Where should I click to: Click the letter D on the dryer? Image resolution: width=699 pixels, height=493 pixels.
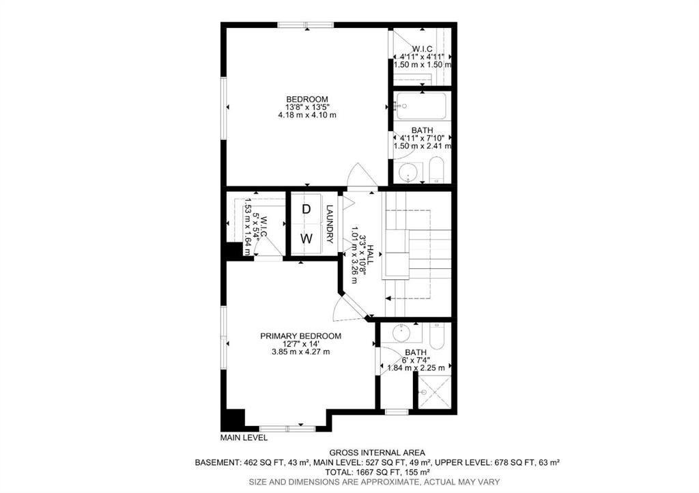click(306, 209)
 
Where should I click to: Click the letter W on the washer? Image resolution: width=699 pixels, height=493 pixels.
click(306, 239)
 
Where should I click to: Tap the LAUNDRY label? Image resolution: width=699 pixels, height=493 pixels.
click(330, 224)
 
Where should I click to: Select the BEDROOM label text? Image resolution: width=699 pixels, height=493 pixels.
click(307, 99)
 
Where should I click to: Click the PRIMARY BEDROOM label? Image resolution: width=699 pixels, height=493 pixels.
click(301, 336)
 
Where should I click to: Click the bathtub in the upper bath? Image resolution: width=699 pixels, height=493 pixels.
click(421, 106)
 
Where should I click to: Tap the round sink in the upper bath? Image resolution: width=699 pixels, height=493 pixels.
click(410, 173)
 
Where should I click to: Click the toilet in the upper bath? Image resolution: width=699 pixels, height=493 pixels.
click(436, 170)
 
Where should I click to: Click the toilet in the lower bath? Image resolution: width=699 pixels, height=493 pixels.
click(436, 336)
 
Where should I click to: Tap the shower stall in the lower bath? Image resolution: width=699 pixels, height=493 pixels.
click(434, 391)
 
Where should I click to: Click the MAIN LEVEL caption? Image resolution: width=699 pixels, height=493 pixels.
click(244, 438)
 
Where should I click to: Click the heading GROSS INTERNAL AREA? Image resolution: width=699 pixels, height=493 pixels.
click(377, 453)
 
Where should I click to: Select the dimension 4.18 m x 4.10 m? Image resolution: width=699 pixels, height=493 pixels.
click(307, 115)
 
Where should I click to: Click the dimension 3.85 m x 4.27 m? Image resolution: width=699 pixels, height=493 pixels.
click(301, 352)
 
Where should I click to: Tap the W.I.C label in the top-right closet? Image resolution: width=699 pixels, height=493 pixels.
click(422, 48)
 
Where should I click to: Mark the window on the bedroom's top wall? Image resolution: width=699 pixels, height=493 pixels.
click(306, 25)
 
